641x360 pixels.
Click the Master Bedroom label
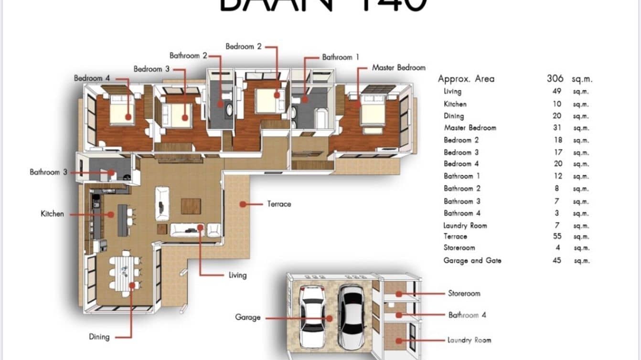coord(398,68)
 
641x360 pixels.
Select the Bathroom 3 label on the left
coord(48,172)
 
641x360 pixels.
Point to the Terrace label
coord(279,204)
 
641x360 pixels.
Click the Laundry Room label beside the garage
coord(469,340)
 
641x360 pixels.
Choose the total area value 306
coord(555,79)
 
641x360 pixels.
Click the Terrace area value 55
coord(557,236)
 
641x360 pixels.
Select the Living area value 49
coord(557,91)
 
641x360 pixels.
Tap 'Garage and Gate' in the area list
coord(472,261)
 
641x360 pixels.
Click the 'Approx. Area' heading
coord(466,79)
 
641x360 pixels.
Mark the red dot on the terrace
coord(243,204)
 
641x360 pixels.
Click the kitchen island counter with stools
coord(123,220)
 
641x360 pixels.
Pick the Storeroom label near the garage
coord(464,293)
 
